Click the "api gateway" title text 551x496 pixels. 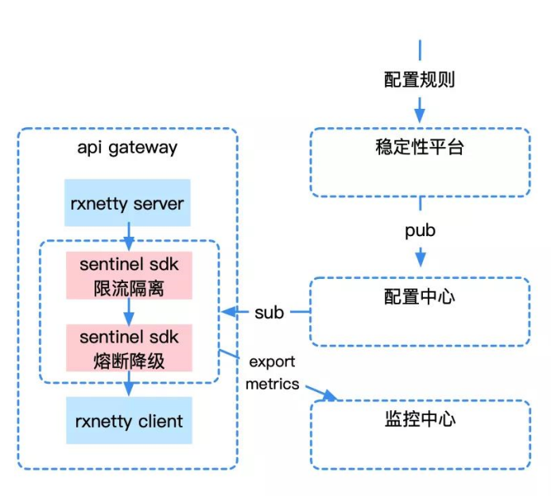point(127,148)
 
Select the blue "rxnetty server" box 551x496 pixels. point(127,203)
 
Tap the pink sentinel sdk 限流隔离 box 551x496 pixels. point(129,276)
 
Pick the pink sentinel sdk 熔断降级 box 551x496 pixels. point(129,347)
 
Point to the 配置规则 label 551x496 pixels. point(419,80)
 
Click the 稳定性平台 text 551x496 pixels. point(419,148)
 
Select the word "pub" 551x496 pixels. point(420,231)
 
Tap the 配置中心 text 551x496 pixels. point(419,296)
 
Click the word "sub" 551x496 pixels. point(270,312)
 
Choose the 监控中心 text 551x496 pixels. point(419,419)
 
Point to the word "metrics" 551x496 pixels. point(272,384)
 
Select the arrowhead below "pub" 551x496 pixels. point(420,258)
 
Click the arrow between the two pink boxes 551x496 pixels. point(129,312)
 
